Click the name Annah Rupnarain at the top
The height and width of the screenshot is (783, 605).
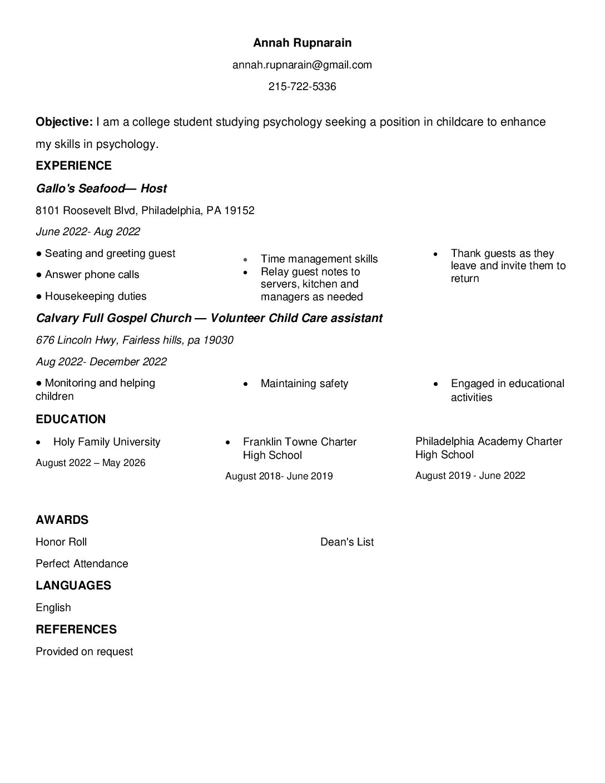click(302, 43)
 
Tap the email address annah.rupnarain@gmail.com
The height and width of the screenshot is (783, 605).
click(302, 65)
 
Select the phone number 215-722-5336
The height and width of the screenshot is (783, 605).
click(302, 87)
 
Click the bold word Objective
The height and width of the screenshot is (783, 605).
click(64, 122)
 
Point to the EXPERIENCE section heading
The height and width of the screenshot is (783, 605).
click(73, 166)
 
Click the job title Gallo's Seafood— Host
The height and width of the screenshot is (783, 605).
click(101, 189)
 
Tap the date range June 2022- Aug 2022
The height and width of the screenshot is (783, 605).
click(88, 232)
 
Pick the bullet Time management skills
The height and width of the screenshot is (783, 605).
click(319, 259)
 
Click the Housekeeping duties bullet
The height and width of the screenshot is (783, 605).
click(95, 296)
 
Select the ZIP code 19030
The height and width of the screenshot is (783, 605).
click(218, 340)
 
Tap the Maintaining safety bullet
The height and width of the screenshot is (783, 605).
click(304, 384)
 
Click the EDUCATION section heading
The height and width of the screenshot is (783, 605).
click(71, 419)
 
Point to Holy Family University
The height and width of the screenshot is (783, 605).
click(106, 442)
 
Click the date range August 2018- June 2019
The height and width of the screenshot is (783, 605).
click(279, 476)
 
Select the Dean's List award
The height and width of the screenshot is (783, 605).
click(347, 542)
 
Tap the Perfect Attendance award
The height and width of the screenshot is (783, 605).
click(82, 564)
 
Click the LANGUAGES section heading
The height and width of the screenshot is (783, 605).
click(73, 586)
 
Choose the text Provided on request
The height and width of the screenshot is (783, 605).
click(85, 652)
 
